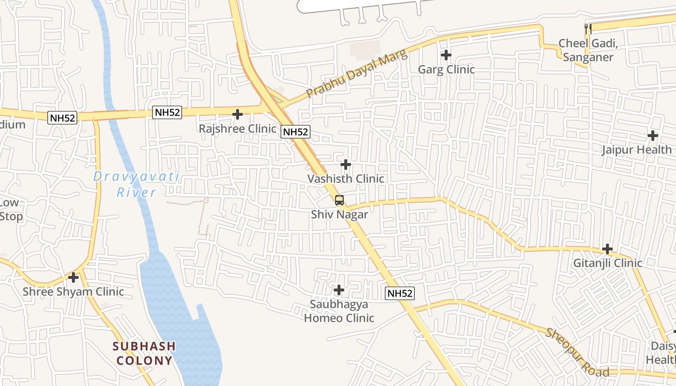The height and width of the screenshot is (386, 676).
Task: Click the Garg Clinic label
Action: [x=446, y=69]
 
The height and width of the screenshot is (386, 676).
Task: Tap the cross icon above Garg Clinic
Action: [x=446, y=55]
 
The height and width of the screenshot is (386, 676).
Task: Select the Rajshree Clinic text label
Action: [x=238, y=129]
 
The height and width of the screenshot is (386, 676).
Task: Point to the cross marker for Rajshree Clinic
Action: [x=238, y=114]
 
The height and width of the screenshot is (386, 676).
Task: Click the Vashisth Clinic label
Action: [x=346, y=179]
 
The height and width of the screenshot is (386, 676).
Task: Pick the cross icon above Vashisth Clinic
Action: [x=346, y=165]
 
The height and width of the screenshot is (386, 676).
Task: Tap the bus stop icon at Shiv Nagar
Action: [x=339, y=200]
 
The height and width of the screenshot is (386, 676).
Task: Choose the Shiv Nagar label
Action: [x=339, y=215]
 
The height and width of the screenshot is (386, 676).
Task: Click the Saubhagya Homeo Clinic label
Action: [x=339, y=311]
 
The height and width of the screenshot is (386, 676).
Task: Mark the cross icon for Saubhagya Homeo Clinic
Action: [x=339, y=290]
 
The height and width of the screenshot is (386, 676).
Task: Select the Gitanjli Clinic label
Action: [x=607, y=263]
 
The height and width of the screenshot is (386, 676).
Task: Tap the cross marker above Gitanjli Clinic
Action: [x=607, y=249]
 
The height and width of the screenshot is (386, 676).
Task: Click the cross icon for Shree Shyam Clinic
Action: [x=73, y=277]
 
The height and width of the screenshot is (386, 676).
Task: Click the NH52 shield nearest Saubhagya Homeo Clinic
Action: [x=400, y=293]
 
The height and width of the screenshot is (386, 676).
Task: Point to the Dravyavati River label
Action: [x=137, y=184]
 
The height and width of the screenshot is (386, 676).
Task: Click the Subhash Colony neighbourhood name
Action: [x=144, y=353]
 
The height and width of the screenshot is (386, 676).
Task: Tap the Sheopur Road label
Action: [x=577, y=353]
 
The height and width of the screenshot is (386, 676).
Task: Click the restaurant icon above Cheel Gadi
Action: [x=588, y=29]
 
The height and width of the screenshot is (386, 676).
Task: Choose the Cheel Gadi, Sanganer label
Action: [x=588, y=50]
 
